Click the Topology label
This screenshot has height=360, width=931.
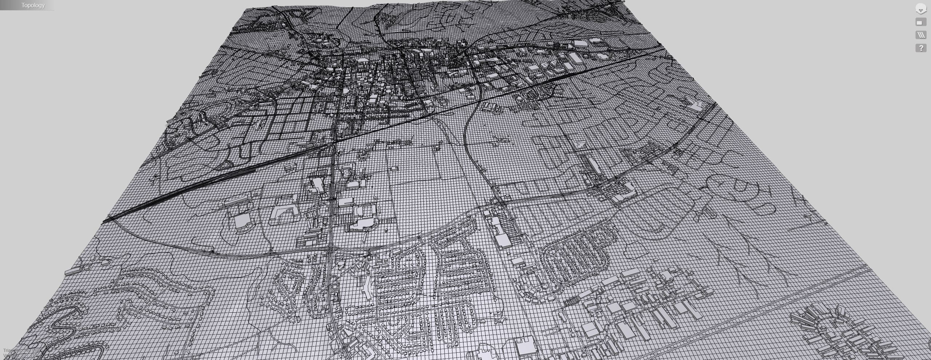33,5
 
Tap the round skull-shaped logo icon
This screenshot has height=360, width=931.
920,9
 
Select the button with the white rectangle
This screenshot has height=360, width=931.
920,23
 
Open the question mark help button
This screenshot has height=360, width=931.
921,48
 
